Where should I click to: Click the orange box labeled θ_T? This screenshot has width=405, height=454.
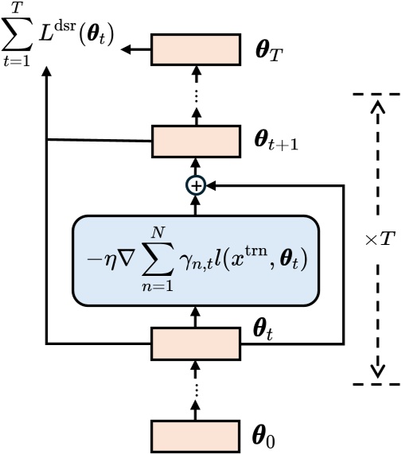(195, 49)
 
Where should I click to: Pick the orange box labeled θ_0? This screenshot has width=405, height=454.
(195, 435)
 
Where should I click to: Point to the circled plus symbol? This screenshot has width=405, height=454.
(195, 184)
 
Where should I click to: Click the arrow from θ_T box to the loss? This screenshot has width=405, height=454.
(136, 49)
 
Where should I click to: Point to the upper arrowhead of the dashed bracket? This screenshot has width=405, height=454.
(378, 107)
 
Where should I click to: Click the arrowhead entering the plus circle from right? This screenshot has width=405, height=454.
(210, 184)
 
